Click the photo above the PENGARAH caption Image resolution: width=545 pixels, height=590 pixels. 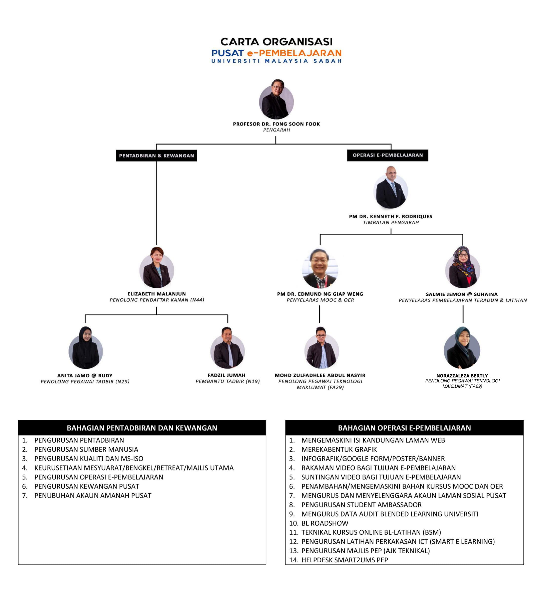point(276,99)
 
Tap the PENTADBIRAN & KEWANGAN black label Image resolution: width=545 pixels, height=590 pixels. point(156,156)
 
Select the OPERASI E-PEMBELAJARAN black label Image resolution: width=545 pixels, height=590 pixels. point(388,155)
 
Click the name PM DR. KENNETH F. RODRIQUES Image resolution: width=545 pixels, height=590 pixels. point(390,216)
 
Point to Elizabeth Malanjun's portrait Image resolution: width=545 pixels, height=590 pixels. point(156,267)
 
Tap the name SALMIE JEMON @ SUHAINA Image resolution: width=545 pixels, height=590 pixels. point(462,294)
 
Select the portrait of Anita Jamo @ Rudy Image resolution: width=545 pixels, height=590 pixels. point(85,347)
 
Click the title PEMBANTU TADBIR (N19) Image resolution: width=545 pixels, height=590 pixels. point(228,381)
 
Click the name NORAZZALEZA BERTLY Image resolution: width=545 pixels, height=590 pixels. point(462,376)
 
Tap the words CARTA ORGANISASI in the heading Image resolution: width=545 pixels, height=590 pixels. point(276,41)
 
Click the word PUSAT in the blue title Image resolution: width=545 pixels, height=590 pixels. point(228,53)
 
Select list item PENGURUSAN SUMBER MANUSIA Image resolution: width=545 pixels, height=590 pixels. point(86,449)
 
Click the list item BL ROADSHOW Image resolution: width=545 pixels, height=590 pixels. point(325,523)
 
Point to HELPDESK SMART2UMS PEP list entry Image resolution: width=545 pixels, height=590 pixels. point(345,560)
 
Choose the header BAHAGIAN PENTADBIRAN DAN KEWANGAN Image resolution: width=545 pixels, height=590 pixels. point(142,428)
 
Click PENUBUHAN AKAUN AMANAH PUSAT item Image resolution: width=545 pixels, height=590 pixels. point(93,496)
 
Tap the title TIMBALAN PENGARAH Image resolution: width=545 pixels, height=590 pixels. point(391,223)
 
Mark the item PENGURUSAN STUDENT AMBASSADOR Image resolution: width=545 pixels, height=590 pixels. point(362,505)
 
